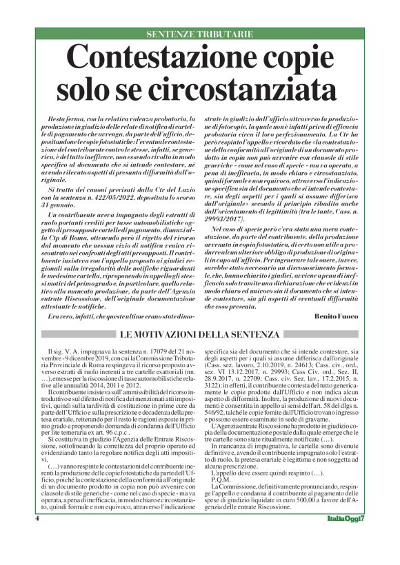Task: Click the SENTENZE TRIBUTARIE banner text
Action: pos(200,34)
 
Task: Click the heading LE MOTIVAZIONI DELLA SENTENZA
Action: pos(200,335)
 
